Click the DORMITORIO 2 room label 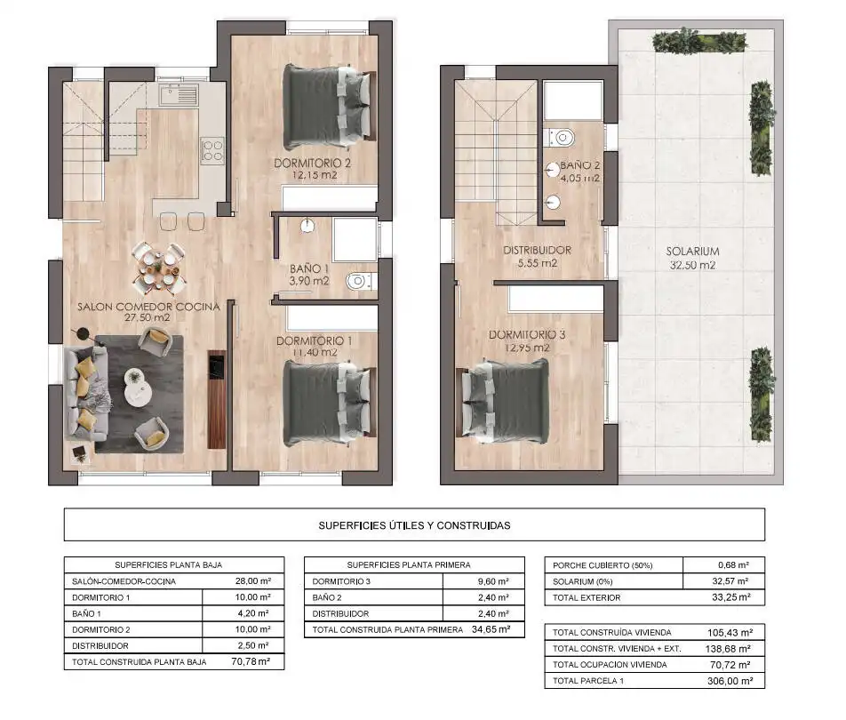313,163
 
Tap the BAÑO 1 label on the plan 309,268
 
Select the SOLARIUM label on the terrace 692,252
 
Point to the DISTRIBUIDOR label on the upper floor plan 537,251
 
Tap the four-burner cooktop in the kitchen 212,151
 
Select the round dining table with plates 158,267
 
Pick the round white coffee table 138,387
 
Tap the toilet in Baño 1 360,281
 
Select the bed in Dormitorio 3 506,401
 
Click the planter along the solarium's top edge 699,41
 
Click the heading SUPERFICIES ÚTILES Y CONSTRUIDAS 414,525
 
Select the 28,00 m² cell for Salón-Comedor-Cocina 253,581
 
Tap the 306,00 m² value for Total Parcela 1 730,681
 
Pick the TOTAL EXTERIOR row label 587,598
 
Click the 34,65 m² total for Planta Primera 491,629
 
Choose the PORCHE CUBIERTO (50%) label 603,565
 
